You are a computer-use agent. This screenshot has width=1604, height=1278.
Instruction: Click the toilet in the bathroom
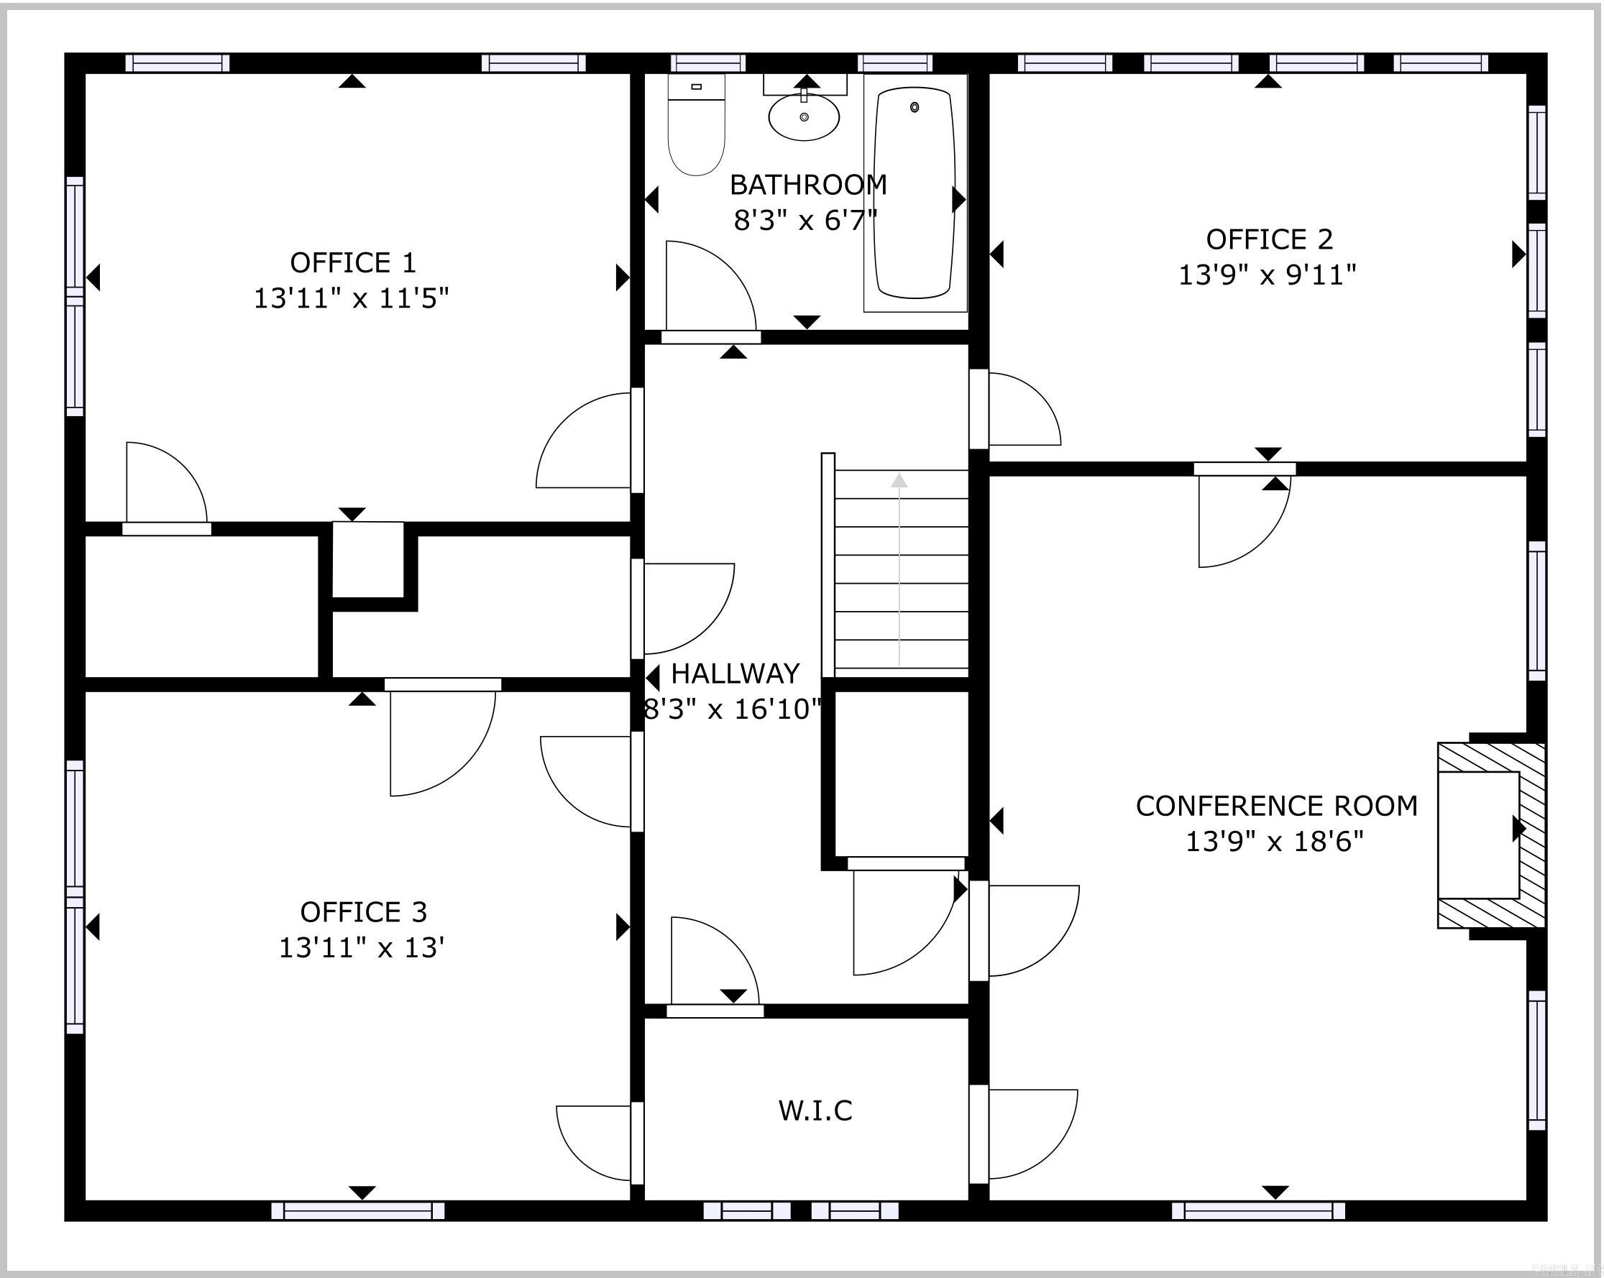pyautogui.click(x=696, y=130)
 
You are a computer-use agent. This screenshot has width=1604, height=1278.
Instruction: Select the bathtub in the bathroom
pyautogui.click(x=915, y=193)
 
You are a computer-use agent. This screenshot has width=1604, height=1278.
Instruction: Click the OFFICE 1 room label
pyautogui.click(x=352, y=262)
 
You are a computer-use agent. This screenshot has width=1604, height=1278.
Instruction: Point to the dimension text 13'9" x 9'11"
pyautogui.click(x=1267, y=275)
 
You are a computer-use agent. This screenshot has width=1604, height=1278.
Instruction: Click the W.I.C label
pyautogui.click(x=815, y=1110)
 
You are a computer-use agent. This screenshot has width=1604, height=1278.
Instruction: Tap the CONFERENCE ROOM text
pyautogui.click(x=1277, y=806)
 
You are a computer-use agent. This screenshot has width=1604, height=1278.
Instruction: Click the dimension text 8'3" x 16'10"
pyautogui.click(x=732, y=709)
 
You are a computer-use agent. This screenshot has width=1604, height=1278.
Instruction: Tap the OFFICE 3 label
pyautogui.click(x=363, y=911)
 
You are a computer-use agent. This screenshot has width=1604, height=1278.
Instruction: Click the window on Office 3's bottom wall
pyautogui.click(x=358, y=1210)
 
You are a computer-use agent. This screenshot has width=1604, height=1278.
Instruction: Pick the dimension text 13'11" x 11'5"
pyautogui.click(x=351, y=298)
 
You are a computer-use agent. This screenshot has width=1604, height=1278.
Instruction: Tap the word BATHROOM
pyautogui.click(x=808, y=185)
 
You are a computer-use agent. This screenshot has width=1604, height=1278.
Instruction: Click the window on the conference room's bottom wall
pyautogui.click(x=1258, y=1210)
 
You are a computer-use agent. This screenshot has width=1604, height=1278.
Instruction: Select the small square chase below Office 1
pyautogui.click(x=367, y=558)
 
